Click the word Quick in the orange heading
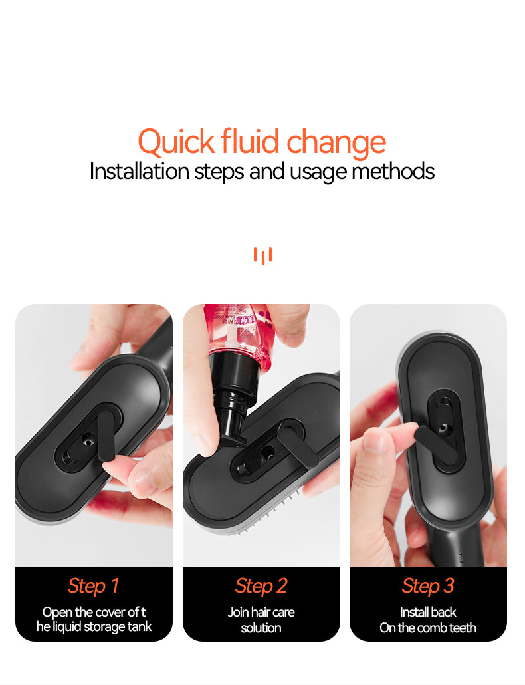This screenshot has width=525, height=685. click(176, 142)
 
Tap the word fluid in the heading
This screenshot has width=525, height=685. click(250, 141)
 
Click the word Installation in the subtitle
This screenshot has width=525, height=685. click(139, 171)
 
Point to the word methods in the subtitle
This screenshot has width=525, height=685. click(393, 171)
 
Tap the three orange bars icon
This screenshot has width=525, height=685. click(262, 255)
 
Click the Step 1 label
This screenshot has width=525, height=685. click(94, 587)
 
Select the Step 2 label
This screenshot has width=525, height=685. click(261, 587)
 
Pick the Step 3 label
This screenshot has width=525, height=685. click(428, 587)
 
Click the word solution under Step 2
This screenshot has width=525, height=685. click(261, 628)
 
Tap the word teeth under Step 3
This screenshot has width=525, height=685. click(463, 628)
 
